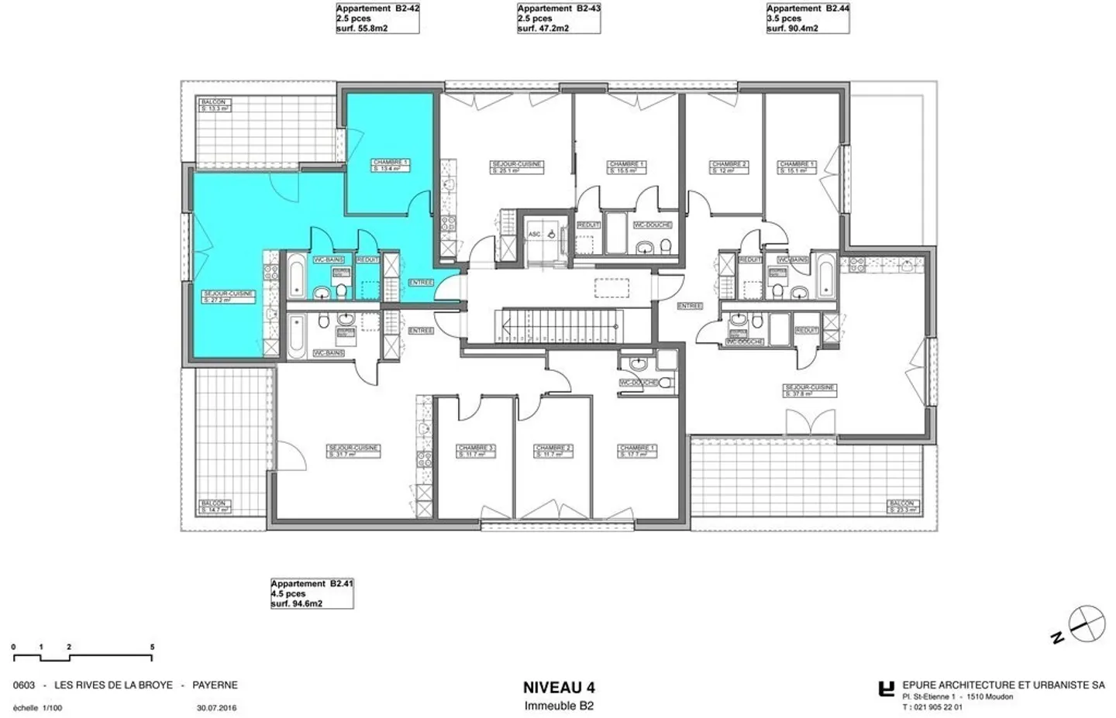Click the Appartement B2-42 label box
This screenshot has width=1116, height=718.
[377, 19]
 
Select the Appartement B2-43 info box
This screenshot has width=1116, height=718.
[559, 19]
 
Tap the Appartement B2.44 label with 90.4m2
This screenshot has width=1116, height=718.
[808, 19]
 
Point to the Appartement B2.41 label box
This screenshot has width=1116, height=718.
[312, 593]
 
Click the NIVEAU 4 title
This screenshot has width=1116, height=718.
[559, 688]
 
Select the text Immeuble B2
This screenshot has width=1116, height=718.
[559, 706]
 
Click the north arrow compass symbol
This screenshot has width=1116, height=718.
[1087, 624]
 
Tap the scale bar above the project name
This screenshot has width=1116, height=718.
[82, 657]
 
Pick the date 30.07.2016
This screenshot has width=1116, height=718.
[217, 707]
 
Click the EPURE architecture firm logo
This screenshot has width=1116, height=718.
[886, 689]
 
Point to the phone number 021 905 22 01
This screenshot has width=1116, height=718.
[938, 707]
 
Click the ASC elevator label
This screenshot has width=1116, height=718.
[534, 233]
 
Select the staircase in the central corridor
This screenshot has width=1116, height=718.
[562, 324]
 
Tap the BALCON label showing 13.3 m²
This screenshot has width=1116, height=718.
[215, 105]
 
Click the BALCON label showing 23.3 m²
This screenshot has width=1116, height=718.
[904, 507]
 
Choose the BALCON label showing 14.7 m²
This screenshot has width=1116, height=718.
[215, 507]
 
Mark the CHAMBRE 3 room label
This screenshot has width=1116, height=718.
[475, 451]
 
